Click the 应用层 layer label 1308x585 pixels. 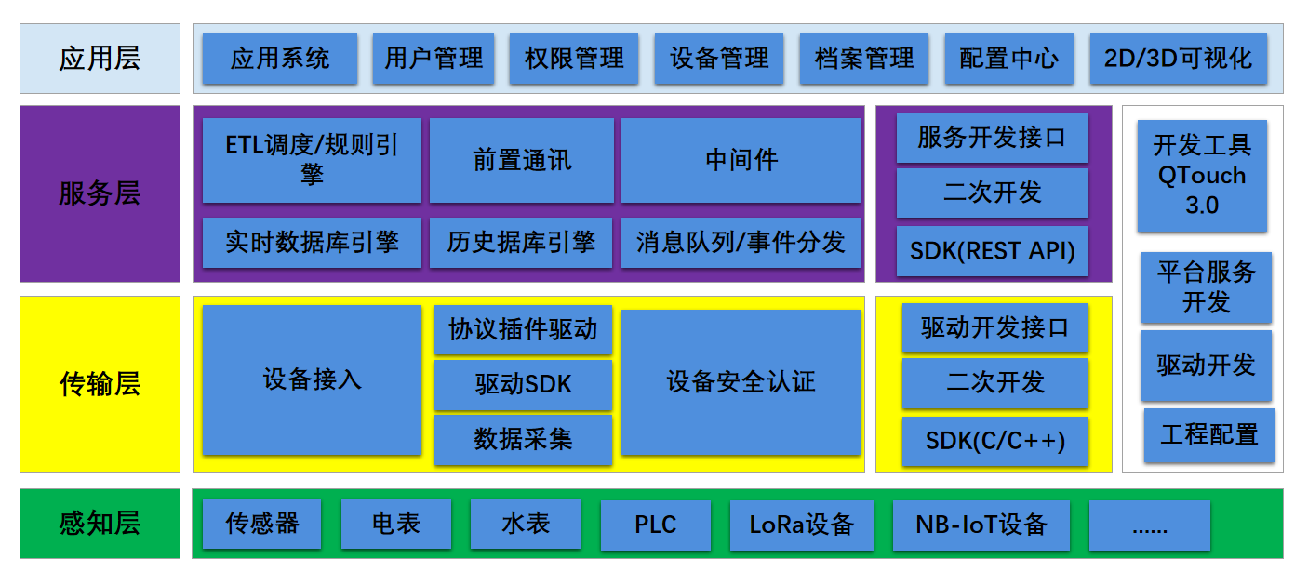(100, 59)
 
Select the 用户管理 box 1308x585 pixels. (434, 59)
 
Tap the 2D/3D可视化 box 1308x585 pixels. (1178, 59)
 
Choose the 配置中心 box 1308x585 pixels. (1008, 59)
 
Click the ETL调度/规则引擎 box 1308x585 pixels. (312, 160)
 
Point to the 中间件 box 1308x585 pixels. (741, 160)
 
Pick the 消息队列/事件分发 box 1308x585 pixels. (741, 243)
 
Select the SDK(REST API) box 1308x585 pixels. (992, 250)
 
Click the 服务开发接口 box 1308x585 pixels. (992, 139)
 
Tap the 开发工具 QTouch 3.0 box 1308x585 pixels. (1202, 176)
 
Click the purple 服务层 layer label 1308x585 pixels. (100, 193)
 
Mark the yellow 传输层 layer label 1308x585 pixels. (100, 384)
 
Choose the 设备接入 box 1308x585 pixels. (312, 380)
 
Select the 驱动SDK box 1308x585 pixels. (523, 385)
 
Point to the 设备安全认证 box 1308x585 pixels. (741, 382)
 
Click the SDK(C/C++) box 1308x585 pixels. (994, 441)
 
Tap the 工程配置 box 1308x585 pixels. (1208, 434)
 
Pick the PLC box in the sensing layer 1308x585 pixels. (655, 525)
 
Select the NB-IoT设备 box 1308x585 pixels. (981, 525)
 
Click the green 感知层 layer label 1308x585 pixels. (100, 524)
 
